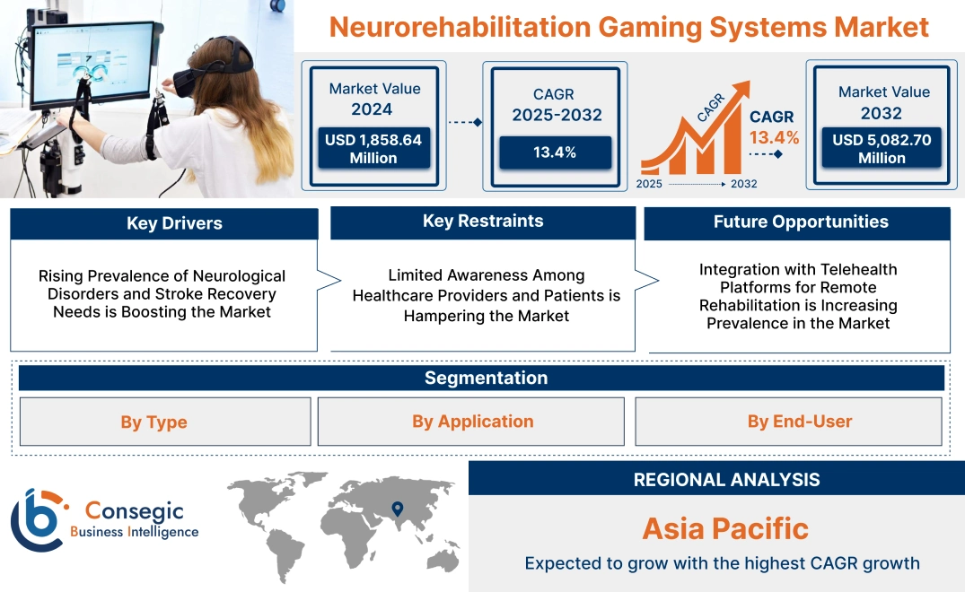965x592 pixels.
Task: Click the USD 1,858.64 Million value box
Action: click(x=373, y=149)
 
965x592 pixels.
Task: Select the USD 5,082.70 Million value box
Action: click(x=882, y=149)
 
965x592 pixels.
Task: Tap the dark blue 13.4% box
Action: click(x=555, y=152)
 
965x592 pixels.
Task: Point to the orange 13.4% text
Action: click(x=774, y=138)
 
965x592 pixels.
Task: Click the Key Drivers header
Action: click(x=163, y=224)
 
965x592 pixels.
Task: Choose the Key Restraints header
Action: click(x=483, y=222)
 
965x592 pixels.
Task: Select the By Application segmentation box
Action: click(x=471, y=422)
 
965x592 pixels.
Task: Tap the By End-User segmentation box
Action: click(x=789, y=422)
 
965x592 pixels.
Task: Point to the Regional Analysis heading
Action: click(x=726, y=480)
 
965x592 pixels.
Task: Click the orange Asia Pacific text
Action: click(x=725, y=528)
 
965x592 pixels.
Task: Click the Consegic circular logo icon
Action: click(x=37, y=520)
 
